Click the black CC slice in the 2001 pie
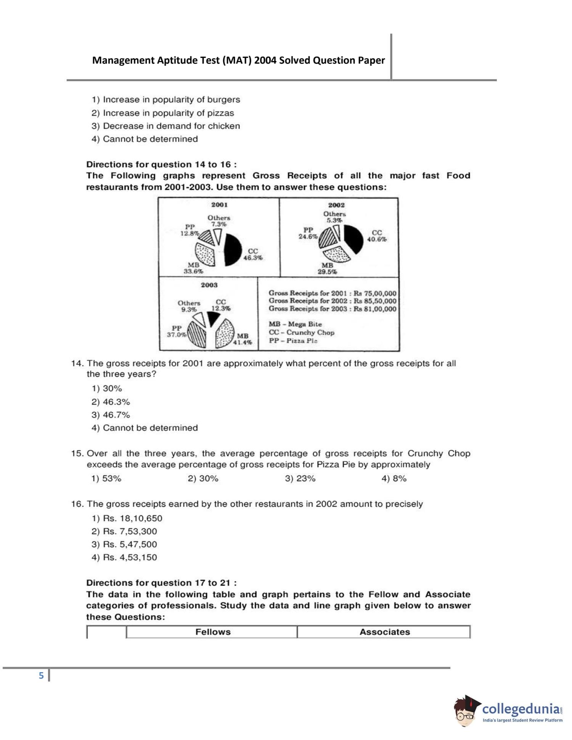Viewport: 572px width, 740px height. coord(232,250)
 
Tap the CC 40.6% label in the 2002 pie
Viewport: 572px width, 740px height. coord(376,236)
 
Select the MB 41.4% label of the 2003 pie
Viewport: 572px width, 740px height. coord(243,339)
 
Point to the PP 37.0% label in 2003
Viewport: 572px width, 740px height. coord(177,331)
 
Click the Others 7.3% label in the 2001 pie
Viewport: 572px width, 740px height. coord(219,221)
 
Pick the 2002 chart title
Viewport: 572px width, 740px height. coord(336,205)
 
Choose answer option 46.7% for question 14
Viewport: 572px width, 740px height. coord(111,415)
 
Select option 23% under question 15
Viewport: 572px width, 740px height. coord(300,478)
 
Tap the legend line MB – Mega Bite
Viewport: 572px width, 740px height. coord(295,324)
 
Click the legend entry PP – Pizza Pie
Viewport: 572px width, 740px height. coord(293,341)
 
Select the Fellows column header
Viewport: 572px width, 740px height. coord(213,632)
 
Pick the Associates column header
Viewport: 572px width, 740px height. coord(384,632)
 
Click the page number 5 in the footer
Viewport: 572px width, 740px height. coord(41,676)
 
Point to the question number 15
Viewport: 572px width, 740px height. coord(77,454)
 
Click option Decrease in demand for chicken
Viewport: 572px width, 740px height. coord(166,126)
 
